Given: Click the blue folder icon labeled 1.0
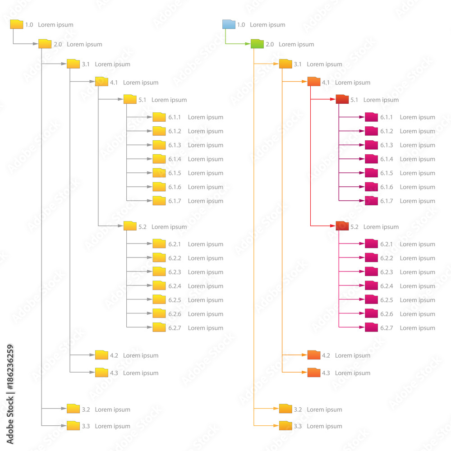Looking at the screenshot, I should click(229, 24).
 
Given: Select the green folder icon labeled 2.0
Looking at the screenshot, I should click(257, 44).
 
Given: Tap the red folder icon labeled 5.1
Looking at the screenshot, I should click(342, 99).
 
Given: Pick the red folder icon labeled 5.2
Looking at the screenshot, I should click(342, 226).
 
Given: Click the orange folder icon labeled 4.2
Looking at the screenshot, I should click(314, 355).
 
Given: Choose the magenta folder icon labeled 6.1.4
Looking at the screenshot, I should click(371, 159).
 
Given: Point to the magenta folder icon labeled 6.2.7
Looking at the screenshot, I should click(371, 327).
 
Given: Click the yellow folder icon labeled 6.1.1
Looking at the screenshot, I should click(159, 117).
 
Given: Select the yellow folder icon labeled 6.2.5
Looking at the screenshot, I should click(159, 299).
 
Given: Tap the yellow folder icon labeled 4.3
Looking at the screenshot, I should click(101, 373).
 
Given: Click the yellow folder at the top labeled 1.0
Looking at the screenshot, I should click(17, 24).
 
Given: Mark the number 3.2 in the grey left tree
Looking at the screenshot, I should click(86, 410).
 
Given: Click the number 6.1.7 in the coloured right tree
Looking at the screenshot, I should click(387, 201).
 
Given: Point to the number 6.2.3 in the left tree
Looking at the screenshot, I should click(175, 272).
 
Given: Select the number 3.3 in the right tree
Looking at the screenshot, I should click(298, 426).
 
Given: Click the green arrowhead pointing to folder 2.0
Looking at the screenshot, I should click(248, 44).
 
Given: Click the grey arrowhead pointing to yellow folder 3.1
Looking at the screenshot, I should click(64, 64).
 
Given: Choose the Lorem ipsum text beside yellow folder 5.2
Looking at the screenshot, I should click(169, 227).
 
